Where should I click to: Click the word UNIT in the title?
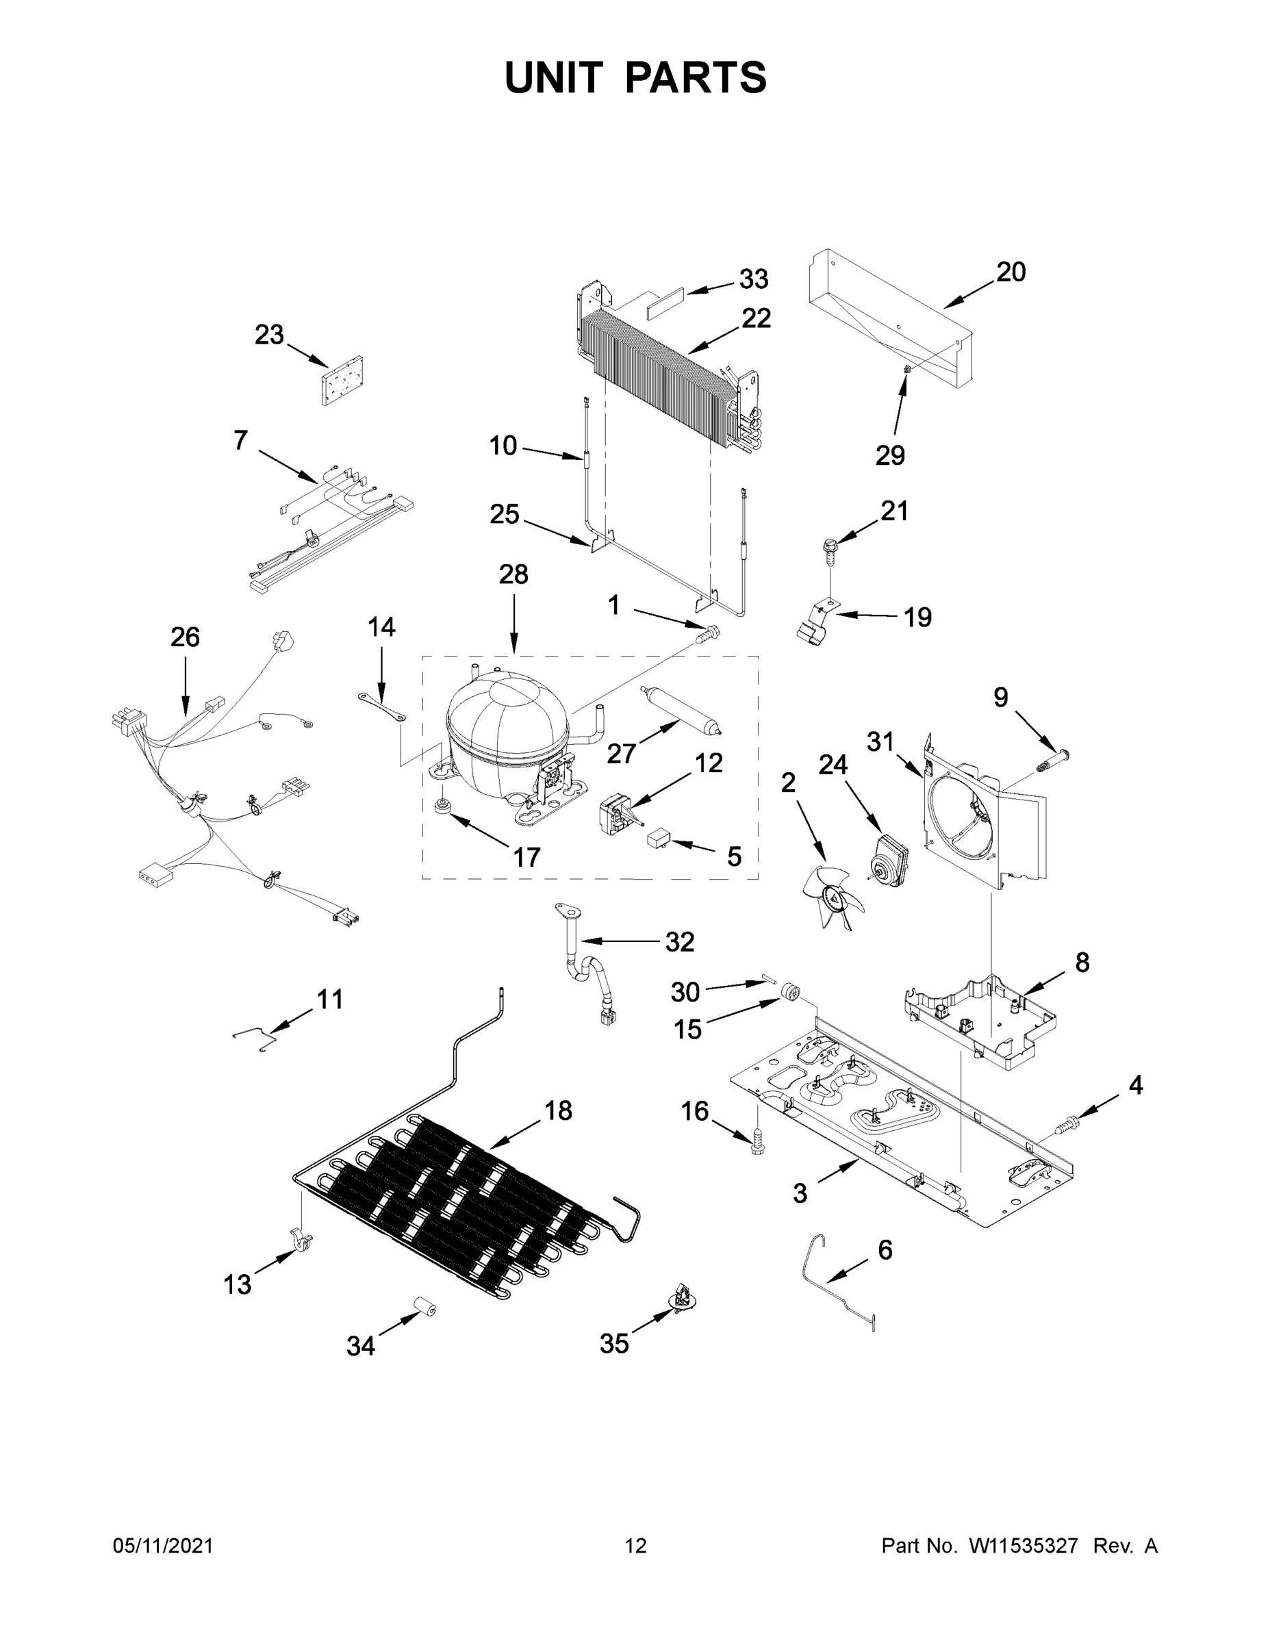pos(554,77)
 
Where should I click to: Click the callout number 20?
pos(1011,272)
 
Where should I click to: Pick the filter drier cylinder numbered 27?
pos(681,707)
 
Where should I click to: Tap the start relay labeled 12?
pos(613,814)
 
